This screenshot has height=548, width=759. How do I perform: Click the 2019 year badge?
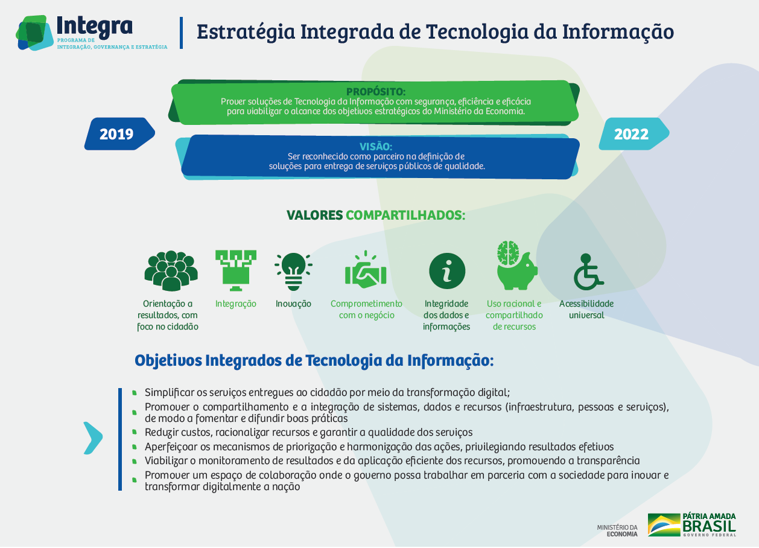[x=119, y=134]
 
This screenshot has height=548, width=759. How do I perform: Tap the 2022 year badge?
[x=634, y=134]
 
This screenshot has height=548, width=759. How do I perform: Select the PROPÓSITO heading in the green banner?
[x=376, y=92]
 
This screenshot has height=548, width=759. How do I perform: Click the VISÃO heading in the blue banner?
[x=376, y=147]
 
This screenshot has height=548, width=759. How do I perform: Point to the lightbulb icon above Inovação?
[x=293, y=272]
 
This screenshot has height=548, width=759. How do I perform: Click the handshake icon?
[x=366, y=270]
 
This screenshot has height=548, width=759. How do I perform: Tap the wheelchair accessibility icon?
[x=588, y=272]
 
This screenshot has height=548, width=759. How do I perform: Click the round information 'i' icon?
[x=447, y=271]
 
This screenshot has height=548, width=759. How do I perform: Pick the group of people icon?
[x=171, y=271]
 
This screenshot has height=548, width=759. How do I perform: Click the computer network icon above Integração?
[x=236, y=270]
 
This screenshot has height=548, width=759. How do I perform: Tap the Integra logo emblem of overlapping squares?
[x=34, y=33]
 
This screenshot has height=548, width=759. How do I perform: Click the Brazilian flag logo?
[x=664, y=525]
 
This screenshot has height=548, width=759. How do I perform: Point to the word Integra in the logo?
[x=95, y=27]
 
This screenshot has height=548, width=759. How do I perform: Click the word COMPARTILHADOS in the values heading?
[x=405, y=215]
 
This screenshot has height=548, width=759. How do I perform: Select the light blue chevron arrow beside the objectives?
[x=93, y=438]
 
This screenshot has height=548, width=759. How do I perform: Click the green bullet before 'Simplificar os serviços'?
[x=135, y=393]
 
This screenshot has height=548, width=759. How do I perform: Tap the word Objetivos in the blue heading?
[x=168, y=360]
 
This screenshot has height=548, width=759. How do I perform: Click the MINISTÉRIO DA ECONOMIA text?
[x=617, y=530]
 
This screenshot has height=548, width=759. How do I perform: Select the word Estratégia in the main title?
[x=246, y=31]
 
